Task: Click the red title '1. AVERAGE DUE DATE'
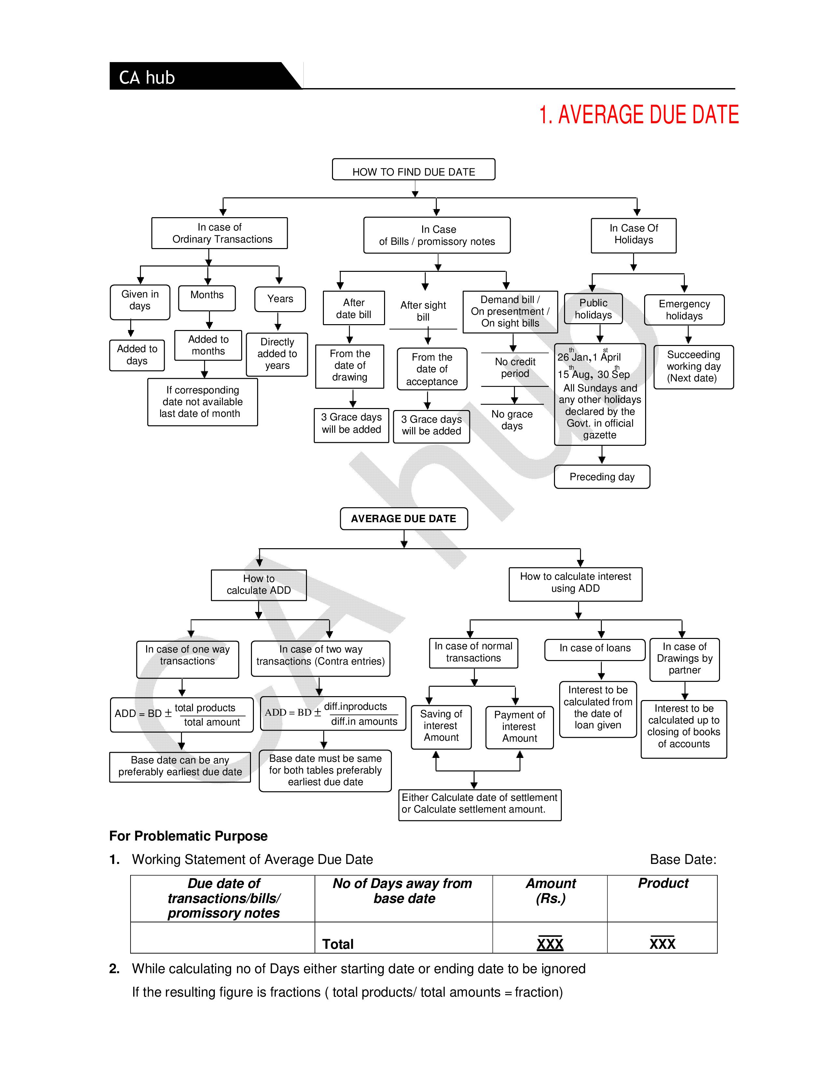click(638, 115)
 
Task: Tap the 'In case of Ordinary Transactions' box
click(220, 233)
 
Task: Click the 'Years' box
click(280, 299)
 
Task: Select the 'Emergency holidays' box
click(684, 310)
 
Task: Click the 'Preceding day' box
click(602, 477)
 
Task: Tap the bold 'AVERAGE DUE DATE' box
click(404, 519)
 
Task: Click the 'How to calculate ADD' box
click(259, 585)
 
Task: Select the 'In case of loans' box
click(594, 649)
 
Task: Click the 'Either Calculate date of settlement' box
click(479, 804)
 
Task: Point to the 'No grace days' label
click(512, 420)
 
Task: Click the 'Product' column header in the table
click(663, 883)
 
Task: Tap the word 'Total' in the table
click(338, 944)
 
